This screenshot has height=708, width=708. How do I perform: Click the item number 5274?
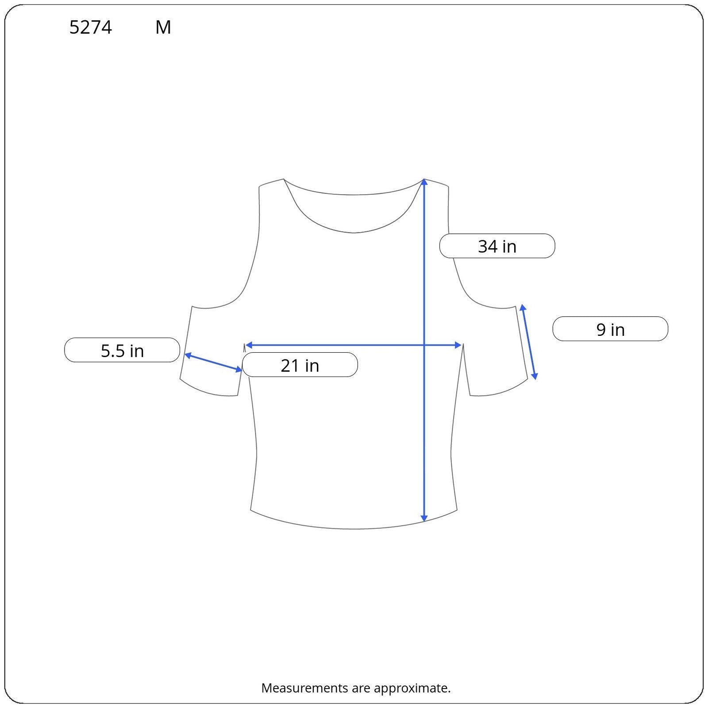[91, 27]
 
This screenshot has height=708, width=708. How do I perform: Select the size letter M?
[163, 27]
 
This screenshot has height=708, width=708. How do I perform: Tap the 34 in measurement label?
[497, 246]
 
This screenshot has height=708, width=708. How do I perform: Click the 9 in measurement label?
[610, 329]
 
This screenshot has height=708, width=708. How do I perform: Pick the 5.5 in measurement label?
[122, 350]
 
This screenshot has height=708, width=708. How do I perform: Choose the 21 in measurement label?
[300, 365]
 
